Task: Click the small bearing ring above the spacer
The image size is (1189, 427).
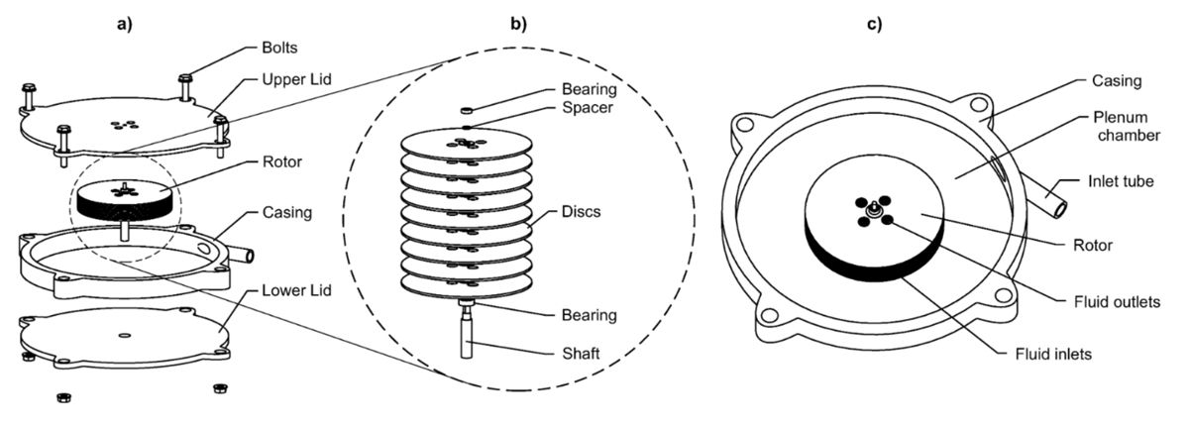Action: click(467, 110)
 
